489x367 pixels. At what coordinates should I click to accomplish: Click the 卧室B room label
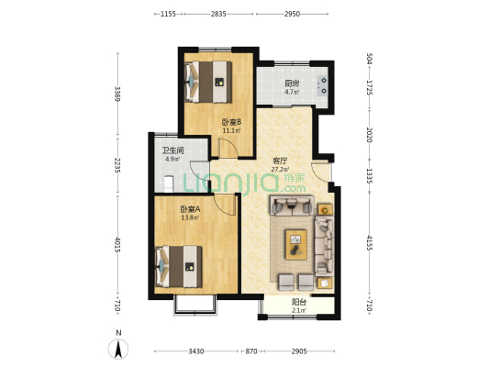232,122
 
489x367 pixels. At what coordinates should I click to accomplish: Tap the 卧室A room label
190,209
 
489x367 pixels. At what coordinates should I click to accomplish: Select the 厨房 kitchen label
293,83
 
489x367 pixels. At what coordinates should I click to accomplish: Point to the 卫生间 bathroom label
172,150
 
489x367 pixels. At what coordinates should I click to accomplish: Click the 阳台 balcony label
299,302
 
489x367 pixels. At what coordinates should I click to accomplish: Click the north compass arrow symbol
118,349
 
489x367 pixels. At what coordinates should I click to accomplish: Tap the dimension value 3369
117,94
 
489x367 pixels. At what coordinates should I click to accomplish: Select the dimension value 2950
293,14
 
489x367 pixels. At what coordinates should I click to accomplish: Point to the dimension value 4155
369,243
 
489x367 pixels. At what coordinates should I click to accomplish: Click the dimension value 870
251,351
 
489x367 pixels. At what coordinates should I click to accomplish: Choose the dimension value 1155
168,14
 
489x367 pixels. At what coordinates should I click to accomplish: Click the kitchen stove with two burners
322,85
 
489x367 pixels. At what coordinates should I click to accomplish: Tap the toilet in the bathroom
169,184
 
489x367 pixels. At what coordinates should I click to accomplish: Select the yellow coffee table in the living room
296,245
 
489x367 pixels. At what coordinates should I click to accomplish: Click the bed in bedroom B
208,82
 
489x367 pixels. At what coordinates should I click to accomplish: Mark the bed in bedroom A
178,267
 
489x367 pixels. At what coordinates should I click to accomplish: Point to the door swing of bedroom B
228,148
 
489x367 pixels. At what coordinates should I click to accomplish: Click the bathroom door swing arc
200,172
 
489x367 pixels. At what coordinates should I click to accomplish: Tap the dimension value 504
369,59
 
